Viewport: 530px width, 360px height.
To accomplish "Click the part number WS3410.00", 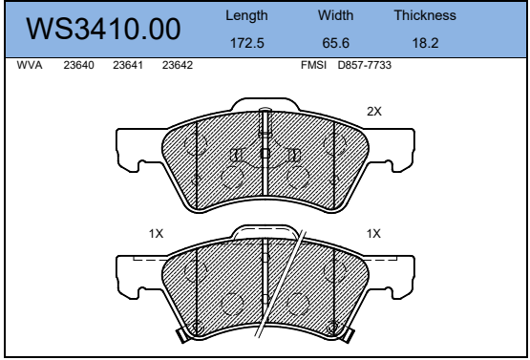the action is pyautogui.click(x=103, y=29).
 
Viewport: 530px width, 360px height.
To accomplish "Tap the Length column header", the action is pyautogui.click(x=246, y=15).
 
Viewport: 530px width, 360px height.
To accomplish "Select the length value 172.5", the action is pyautogui.click(x=247, y=43).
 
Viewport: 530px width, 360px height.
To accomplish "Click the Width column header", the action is pyautogui.click(x=335, y=15).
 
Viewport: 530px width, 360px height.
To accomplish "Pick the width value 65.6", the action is pyautogui.click(x=335, y=43).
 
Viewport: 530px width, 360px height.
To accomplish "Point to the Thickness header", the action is pyautogui.click(x=425, y=15).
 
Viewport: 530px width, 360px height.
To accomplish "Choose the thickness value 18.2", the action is pyautogui.click(x=425, y=43).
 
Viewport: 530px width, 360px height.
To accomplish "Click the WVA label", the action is pyautogui.click(x=30, y=65).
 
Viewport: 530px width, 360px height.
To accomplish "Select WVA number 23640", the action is pyautogui.click(x=78, y=65).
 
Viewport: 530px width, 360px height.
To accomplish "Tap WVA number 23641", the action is pyautogui.click(x=128, y=65).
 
